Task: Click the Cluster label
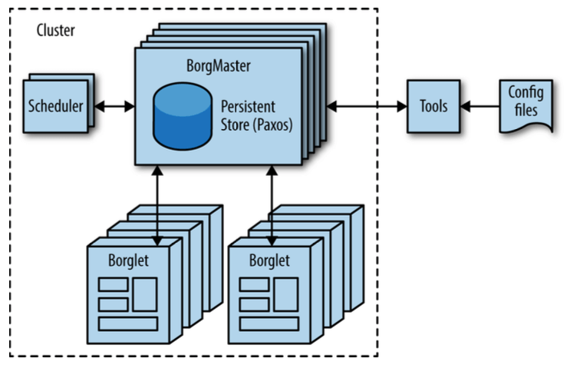pyautogui.click(x=55, y=32)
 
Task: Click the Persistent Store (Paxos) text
pyautogui.click(x=254, y=114)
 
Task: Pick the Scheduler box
pyautogui.click(x=56, y=105)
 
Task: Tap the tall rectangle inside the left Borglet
pyautogui.click(x=145, y=294)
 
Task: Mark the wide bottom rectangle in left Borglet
pyautogui.click(x=128, y=323)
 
